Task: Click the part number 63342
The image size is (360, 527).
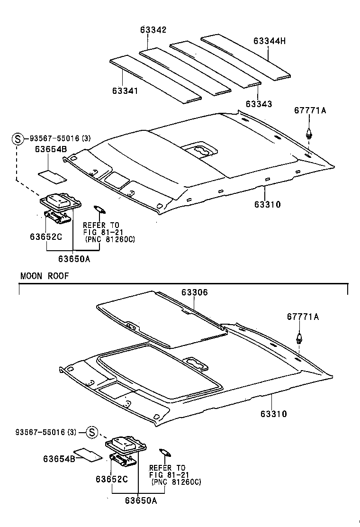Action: tap(153, 30)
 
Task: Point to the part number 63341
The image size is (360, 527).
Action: tap(126, 91)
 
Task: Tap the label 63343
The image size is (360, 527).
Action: tap(259, 103)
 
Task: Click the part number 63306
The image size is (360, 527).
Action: tap(194, 292)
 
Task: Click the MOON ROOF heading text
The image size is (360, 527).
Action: tap(45, 276)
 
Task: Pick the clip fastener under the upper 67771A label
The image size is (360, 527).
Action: tap(309, 133)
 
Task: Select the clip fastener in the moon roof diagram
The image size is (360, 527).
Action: tap(298, 338)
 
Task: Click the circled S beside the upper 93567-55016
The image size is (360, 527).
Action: tap(18, 139)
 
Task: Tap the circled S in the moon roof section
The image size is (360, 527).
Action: tap(92, 432)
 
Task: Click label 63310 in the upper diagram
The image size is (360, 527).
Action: tap(267, 205)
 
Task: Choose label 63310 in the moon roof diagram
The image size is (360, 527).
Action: tap(273, 414)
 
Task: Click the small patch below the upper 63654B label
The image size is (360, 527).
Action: tap(52, 175)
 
